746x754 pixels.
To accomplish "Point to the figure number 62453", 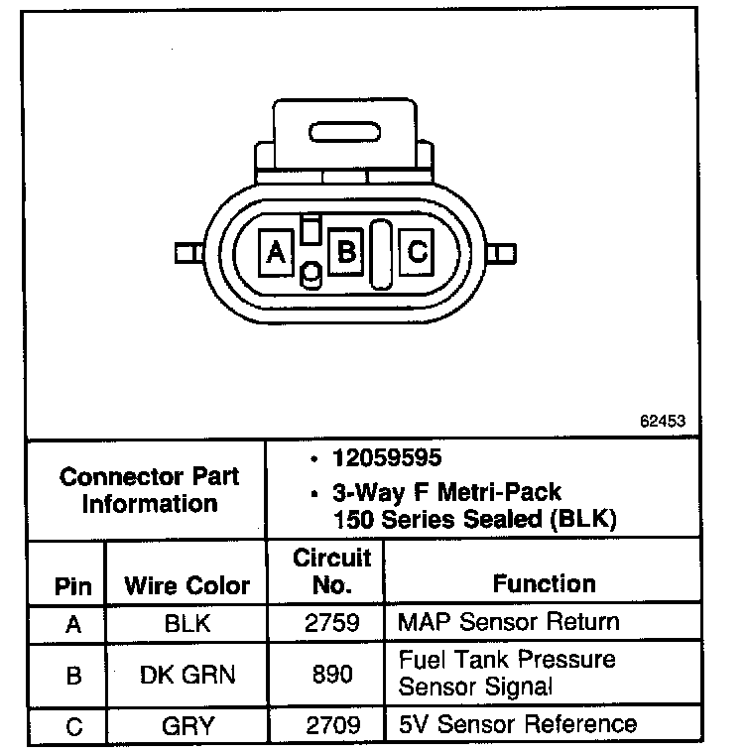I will [x=663, y=421].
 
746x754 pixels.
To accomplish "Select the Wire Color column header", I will [x=186, y=585].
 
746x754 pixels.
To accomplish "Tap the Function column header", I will [x=545, y=583].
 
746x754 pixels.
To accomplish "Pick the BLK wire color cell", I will [x=186, y=624].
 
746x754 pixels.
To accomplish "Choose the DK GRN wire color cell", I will [x=186, y=675].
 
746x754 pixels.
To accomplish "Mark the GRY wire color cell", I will [x=186, y=725].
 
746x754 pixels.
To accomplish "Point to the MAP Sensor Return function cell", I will [x=508, y=623].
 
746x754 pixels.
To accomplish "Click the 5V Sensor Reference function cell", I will [x=517, y=724].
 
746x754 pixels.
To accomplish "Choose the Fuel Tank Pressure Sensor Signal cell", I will [x=506, y=673].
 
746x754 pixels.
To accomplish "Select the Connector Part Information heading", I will [x=149, y=490].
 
